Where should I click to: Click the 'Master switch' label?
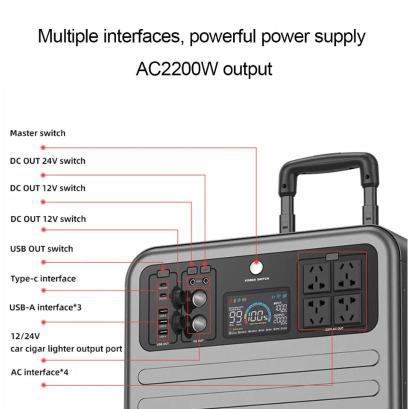point(38,133)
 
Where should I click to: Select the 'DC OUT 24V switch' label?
point(48,161)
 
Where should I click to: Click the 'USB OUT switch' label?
point(42,249)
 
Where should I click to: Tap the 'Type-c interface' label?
point(43,278)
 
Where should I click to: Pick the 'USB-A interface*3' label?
point(45,307)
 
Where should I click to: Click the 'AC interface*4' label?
point(39,372)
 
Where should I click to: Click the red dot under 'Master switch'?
point(43,147)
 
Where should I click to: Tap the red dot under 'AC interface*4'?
point(43,385)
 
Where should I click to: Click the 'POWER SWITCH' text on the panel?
point(257,280)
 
